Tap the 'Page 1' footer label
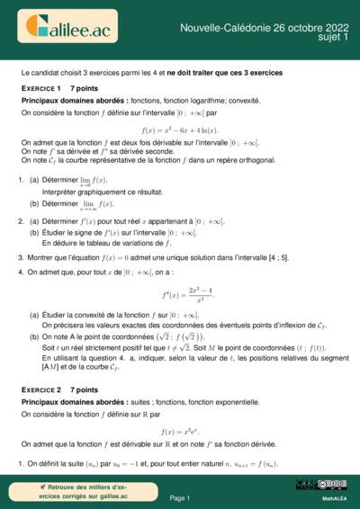(180, 497)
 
